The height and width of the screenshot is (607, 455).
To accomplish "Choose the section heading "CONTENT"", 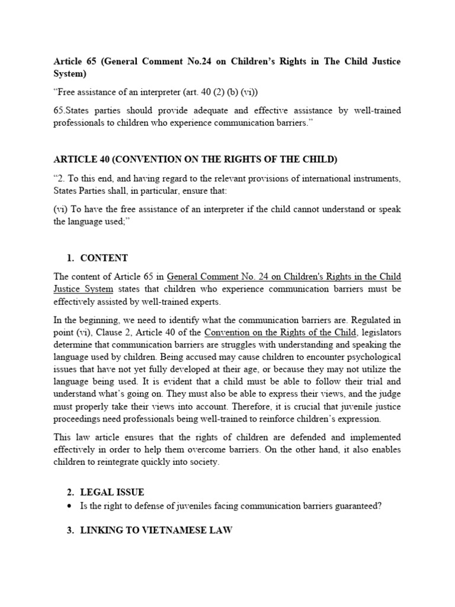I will click(104, 258).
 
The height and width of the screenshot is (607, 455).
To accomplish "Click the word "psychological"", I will click(370, 357).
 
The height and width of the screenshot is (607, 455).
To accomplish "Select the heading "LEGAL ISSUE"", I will click(112, 493).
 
